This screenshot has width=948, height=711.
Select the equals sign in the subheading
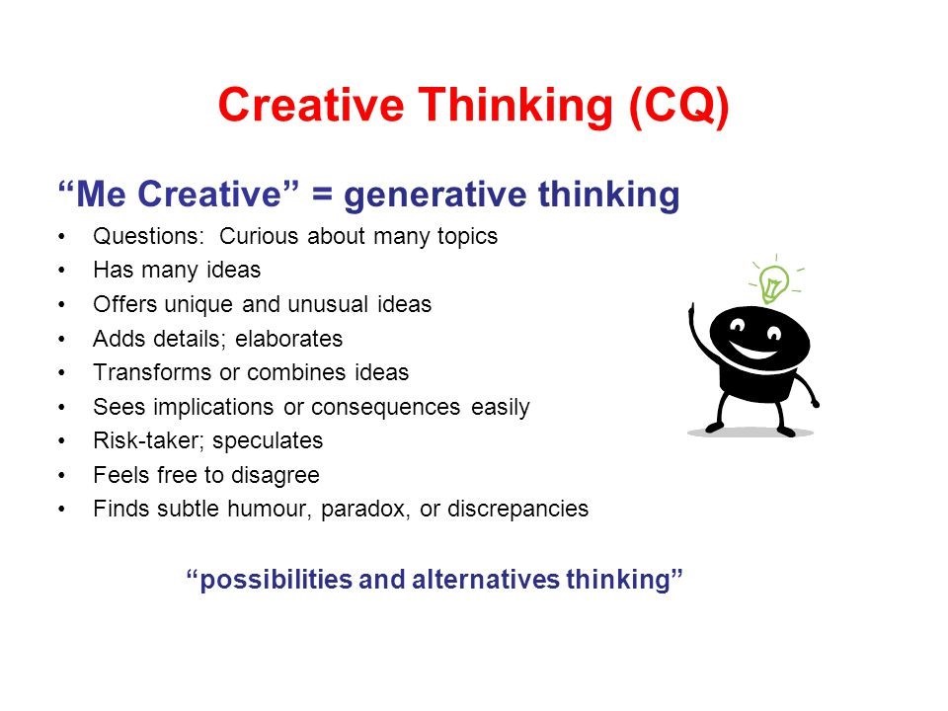pos(321,196)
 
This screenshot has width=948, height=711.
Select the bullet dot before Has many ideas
pos(64,271)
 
